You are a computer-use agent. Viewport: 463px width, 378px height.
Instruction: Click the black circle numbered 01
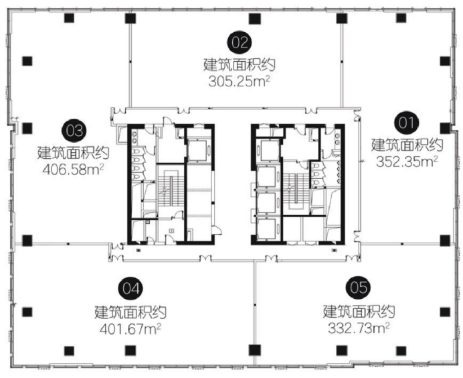(407, 123)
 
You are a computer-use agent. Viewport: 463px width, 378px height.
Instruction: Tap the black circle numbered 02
(240, 42)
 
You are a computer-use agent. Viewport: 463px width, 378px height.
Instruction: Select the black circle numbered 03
(74, 131)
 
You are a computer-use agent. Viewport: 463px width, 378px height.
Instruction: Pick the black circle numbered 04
(130, 289)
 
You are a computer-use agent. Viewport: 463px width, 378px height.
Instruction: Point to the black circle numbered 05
(359, 288)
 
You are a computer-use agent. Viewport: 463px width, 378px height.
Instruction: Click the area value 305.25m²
(240, 81)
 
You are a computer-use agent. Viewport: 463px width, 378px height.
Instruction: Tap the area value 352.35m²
(407, 162)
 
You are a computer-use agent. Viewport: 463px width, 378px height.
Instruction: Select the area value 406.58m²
(73, 170)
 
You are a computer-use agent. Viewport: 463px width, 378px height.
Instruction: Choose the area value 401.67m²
(130, 328)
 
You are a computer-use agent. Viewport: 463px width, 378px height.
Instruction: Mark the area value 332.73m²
(359, 328)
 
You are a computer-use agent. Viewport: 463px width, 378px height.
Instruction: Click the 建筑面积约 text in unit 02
(240, 64)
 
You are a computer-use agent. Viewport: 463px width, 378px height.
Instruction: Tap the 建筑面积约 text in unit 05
(359, 311)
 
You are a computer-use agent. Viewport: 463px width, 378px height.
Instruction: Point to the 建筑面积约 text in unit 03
(73, 153)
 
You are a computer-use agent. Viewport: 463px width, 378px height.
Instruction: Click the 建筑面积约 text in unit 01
(407, 145)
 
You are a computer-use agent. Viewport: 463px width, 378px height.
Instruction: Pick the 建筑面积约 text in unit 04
(130, 312)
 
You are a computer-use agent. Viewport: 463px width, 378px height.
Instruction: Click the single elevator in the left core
(198, 150)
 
